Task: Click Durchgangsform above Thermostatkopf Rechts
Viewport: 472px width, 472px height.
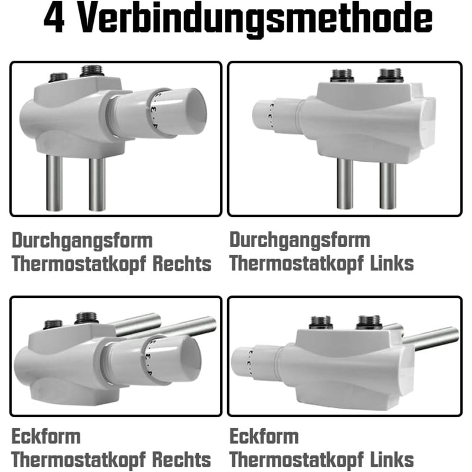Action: [74, 241]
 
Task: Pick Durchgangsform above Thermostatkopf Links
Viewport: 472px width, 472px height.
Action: [300, 241]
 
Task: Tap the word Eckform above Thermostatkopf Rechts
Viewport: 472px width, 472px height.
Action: [46, 437]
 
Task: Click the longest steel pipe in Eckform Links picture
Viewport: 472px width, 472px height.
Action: [430, 339]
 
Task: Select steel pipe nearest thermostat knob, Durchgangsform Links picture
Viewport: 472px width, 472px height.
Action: [345, 183]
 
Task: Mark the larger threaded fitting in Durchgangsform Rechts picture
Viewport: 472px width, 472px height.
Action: [91, 71]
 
